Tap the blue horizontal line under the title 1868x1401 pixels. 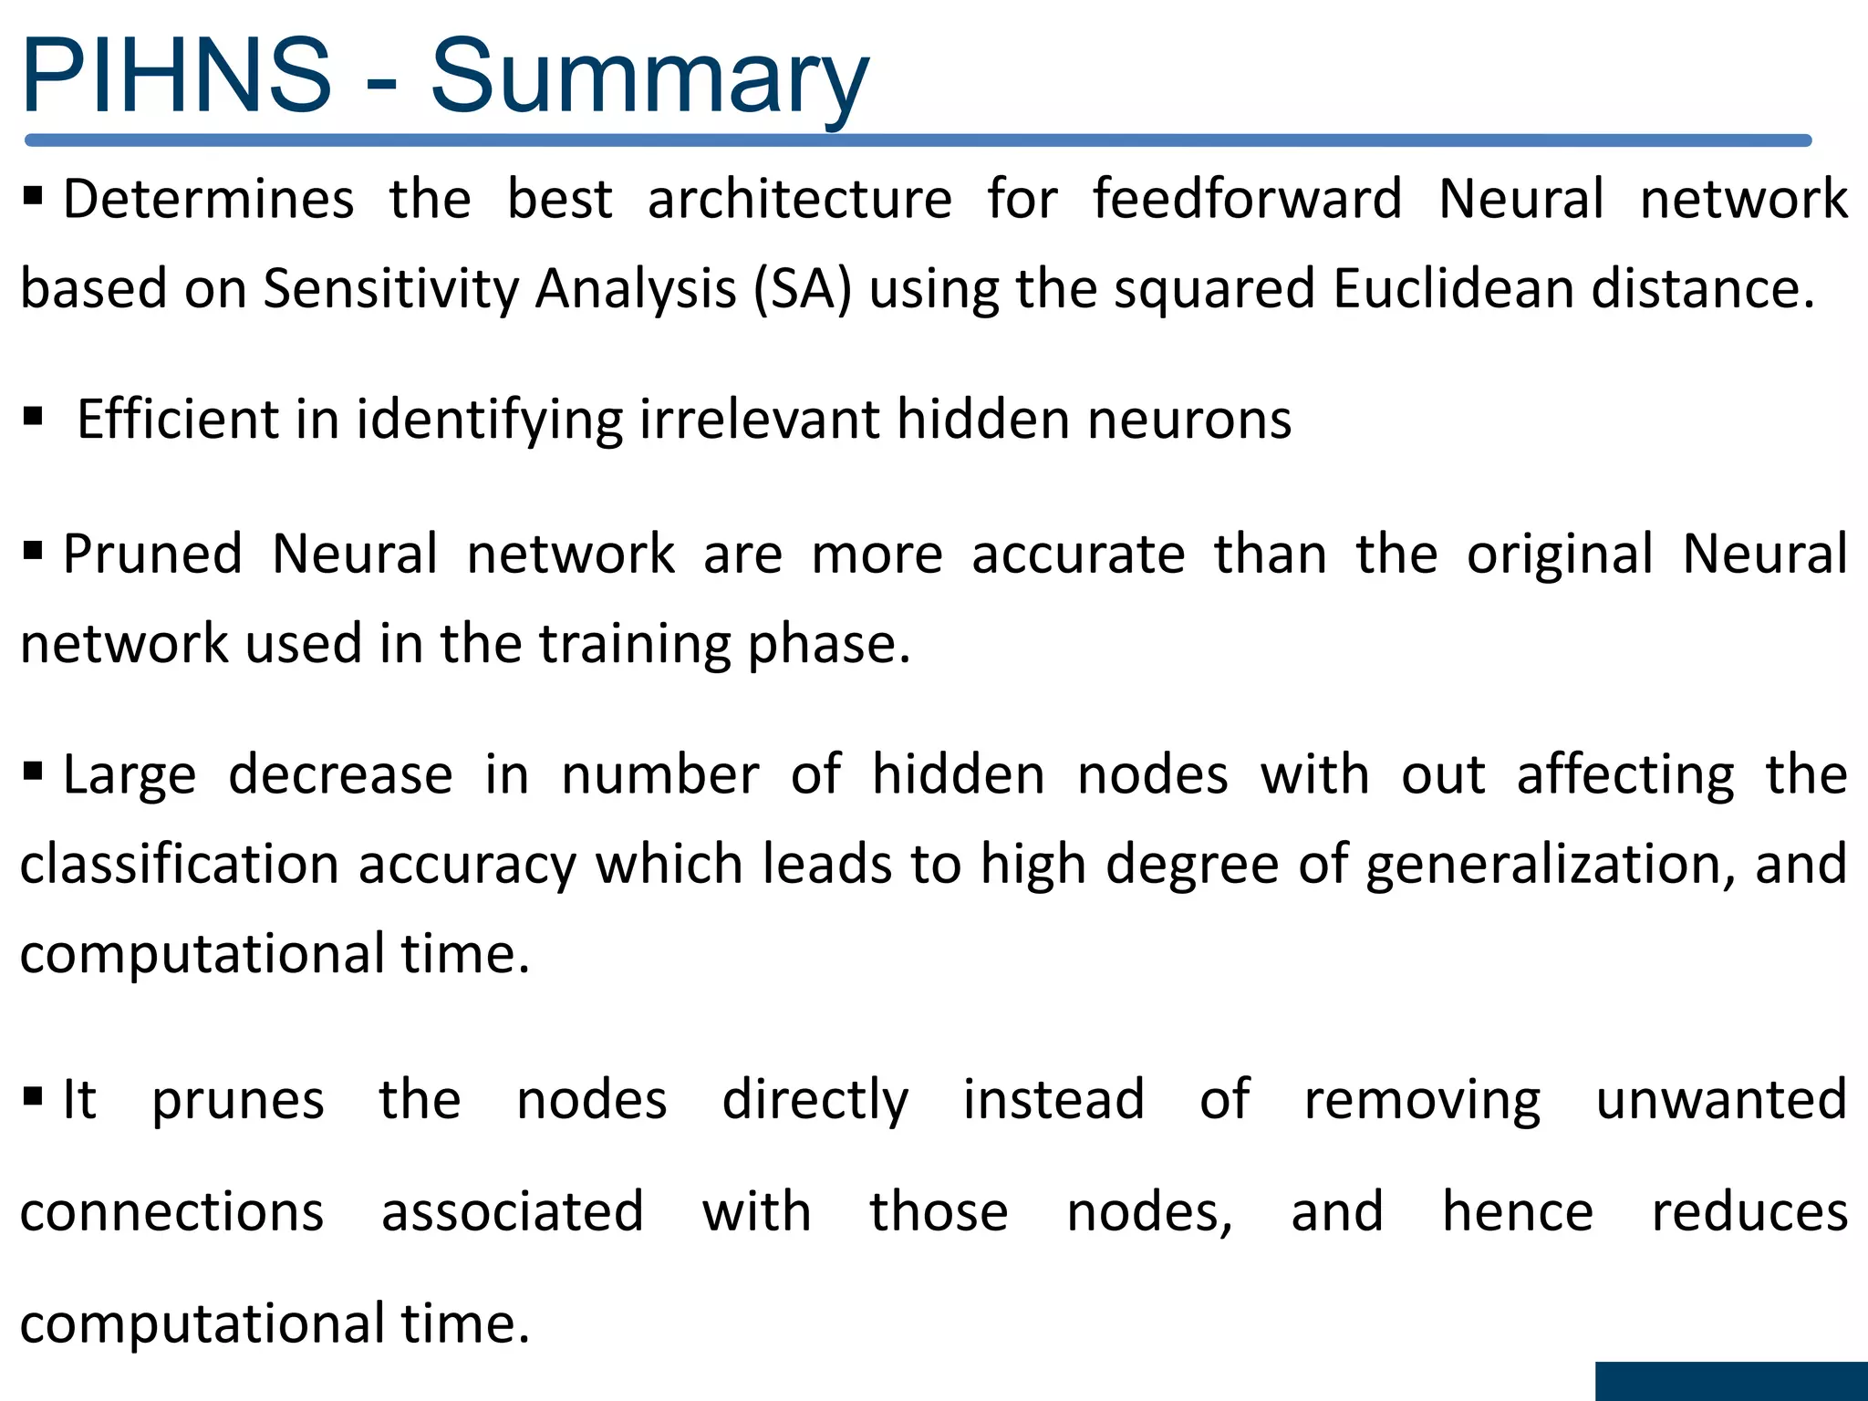(x=918, y=140)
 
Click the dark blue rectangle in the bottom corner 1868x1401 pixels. (x=1731, y=1381)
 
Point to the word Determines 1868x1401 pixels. (x=209, y=199)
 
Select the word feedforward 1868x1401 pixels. (x=1247, y=199)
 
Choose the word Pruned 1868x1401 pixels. (x=152, y=554)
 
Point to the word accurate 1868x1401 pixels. (x=1078, y=555)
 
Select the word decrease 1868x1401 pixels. (x=340, y=775)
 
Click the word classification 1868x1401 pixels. (x=180, y=864)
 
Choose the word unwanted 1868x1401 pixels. (x=1721, y=1099)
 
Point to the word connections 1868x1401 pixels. (x=172, y=1212)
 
